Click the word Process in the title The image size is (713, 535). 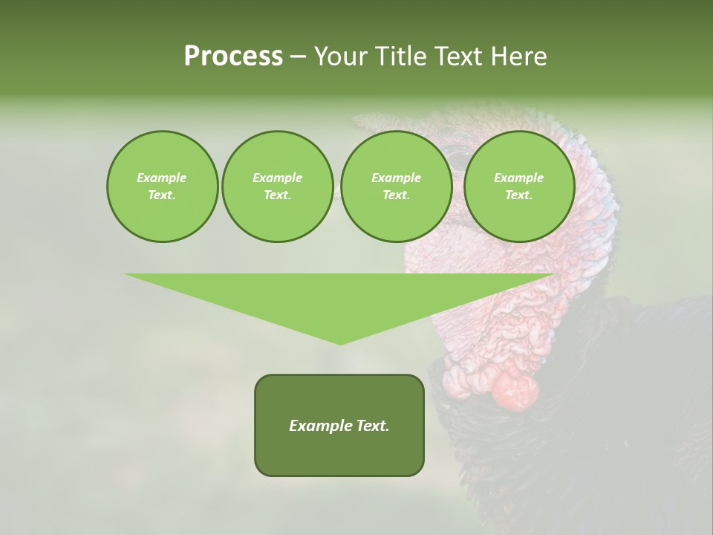point(233,56)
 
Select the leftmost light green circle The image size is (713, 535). point(162,187)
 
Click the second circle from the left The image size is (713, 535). point(277,187)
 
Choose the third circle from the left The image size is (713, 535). point(396,187)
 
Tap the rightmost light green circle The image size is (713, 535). point(518,187)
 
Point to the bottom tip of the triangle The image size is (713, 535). point(340,343)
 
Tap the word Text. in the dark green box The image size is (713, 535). point(371,426)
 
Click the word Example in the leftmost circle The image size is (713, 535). point(162,178)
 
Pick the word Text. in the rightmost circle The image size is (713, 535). point(518,195)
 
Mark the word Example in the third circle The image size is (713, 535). point(396,178)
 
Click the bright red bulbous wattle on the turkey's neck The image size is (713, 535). point(515,389)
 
